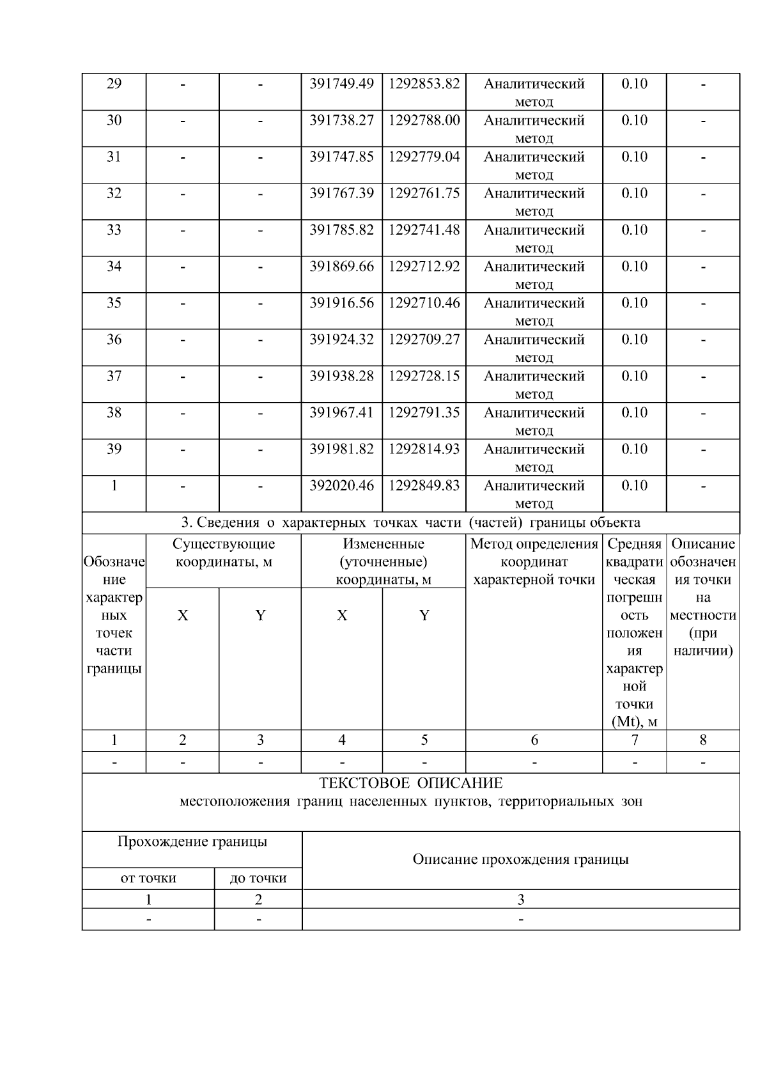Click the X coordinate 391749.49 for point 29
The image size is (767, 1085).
pos(341,84)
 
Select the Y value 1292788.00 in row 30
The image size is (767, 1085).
pos(424,120)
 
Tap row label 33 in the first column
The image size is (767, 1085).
pos(114,230)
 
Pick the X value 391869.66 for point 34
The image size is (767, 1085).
pos(341,266)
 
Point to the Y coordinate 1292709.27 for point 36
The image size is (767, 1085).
pos(424,339)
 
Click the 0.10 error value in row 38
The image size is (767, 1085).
pos(634,412)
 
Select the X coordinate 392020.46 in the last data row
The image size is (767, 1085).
pos(341,485)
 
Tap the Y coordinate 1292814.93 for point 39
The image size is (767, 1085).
pos(424,449)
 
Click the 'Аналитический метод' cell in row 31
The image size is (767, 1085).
pos(534,165)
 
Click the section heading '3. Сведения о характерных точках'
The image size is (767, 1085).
pos(410,522)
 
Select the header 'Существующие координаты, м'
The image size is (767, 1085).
pos(224,552)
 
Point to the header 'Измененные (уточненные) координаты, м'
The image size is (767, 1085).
pos(383,561)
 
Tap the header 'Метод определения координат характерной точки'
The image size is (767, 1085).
pos(534,561)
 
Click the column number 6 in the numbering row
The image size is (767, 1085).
pos(534,740)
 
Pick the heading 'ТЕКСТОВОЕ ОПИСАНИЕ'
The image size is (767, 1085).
pos(410,783)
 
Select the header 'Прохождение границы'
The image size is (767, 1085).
pos(192,841)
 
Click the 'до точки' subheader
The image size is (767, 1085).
pos(258,878)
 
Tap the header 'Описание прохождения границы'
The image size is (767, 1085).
pos(520,859)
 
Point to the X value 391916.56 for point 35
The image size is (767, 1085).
pos(341,302)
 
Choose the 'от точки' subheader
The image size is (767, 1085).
pos(148,878)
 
